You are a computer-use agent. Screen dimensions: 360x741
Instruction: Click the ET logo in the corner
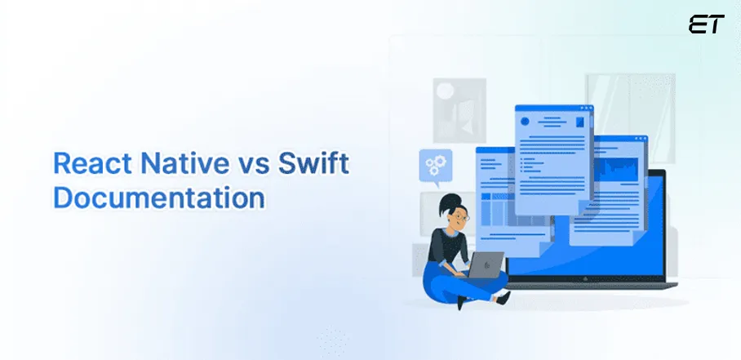pyautogui.click(x=706, y=24)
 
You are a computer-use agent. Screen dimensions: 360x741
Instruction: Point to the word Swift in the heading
pyautogui.click(x=312, y=165)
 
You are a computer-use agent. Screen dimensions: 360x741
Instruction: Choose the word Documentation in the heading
pyautogui.click(x=158, y=198)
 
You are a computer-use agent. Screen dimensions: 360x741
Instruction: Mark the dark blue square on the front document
pyautogui.click(x=580, y=122)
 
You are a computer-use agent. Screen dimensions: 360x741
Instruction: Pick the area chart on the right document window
pyautogui.click(x=623, y=170)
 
